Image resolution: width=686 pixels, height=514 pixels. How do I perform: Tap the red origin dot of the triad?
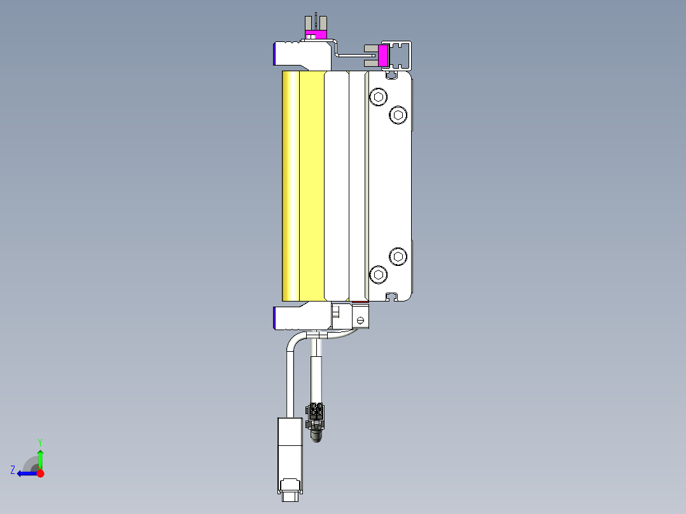point(40,473)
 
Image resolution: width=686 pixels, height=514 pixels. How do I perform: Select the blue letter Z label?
point(13,470)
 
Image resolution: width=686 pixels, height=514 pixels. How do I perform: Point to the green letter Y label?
point(39,441)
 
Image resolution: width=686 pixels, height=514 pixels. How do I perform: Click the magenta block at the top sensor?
point(316,34)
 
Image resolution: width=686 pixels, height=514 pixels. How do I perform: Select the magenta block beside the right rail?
point(383,56)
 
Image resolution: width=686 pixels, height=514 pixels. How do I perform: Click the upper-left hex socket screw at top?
point(379,97)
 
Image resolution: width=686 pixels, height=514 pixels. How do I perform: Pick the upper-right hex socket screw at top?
point(398,115)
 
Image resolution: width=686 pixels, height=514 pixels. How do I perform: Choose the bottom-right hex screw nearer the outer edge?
point(398,256)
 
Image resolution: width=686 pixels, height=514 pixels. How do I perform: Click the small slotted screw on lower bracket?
point(361,320)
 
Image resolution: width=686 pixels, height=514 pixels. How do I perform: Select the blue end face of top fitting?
point(275,53)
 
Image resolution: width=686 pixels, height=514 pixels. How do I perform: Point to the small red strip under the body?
point(359,302)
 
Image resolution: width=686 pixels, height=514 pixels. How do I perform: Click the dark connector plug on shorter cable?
point(315,417)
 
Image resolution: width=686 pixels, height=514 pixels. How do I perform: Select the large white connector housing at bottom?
point(290,453)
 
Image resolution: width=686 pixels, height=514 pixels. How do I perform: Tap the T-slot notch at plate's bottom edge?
point(393,296)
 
